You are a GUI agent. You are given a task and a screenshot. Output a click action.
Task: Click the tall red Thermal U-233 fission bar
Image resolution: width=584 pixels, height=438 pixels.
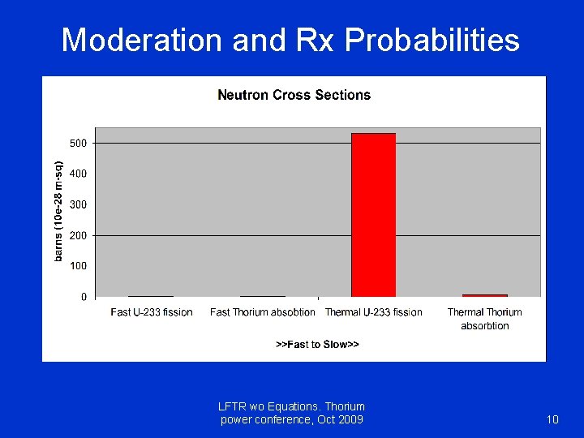[x=373, y=215]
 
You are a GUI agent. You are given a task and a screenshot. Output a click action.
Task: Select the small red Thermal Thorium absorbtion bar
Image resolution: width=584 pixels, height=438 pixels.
[x=484, y=295]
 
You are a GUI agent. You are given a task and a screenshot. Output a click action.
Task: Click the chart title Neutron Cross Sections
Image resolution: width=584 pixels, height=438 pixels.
[x=294, y=95]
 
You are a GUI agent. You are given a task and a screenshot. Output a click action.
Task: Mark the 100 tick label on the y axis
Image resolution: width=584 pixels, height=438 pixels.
[x=79, y=266]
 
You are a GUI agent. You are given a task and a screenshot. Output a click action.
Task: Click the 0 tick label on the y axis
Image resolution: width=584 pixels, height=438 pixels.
[x=84, y=297]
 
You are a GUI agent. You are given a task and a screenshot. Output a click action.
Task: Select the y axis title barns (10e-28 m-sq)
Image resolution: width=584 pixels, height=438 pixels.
[x=59, y=208]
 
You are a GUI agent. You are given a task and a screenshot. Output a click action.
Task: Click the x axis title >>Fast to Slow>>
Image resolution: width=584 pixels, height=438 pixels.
[x=317, y=345]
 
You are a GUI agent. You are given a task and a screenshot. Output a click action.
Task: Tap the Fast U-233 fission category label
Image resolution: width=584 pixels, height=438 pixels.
[x=152, y=312]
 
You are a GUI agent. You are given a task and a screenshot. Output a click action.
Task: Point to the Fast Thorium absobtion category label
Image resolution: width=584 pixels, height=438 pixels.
[x=262, y=312]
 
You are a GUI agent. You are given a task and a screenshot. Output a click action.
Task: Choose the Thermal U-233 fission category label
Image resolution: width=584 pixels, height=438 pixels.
[x=373, y=312]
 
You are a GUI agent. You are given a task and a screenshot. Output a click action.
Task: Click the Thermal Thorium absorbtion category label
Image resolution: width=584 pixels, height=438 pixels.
[x=484, y=319]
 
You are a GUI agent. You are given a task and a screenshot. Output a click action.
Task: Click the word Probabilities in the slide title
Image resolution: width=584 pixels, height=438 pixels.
[x=432, y=40]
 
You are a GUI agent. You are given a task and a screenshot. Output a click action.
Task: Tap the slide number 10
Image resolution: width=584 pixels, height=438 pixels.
[x=552, y=419]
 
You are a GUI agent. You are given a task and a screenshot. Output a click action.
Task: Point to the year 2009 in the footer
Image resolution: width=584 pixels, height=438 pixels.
[x=350, y=419]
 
